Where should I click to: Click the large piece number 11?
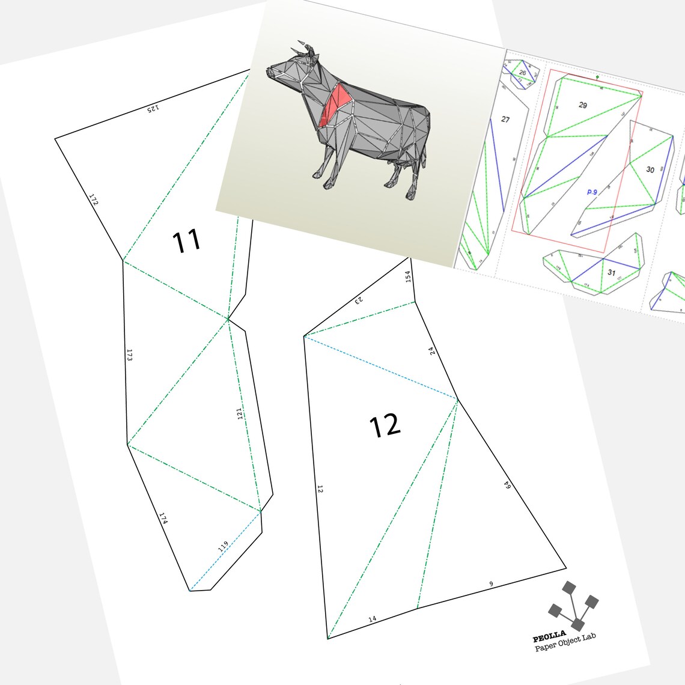[186, 242]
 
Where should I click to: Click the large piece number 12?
[385, 426]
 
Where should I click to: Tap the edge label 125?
[153, 109]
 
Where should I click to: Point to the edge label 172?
[94, 199]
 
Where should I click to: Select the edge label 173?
[129, 355]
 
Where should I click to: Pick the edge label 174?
[163, 518]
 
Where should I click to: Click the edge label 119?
[223, 546]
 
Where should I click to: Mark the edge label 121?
[240, 413]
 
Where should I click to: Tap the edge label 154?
[408, 276]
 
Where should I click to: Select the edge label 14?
[372, 618]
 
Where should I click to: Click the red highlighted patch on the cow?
[335, 103]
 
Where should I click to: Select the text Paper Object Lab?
[565, 642]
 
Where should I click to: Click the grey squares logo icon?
[573, 606]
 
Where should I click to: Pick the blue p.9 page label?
[592, 192]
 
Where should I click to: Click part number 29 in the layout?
[582, 105]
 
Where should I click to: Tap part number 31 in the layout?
[611, 272]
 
